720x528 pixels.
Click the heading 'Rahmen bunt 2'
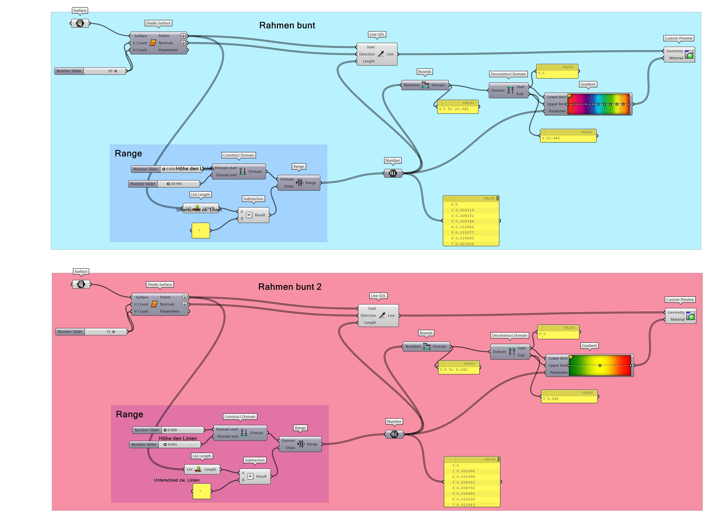point(290,287)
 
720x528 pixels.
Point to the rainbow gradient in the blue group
point(598,104)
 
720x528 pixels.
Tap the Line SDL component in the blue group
point(377,54)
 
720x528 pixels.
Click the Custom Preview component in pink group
point(680,316)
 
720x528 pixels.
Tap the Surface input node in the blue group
point(80,23)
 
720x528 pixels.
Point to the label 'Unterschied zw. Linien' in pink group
point(176,480)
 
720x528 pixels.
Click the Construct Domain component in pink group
point(240,433)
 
